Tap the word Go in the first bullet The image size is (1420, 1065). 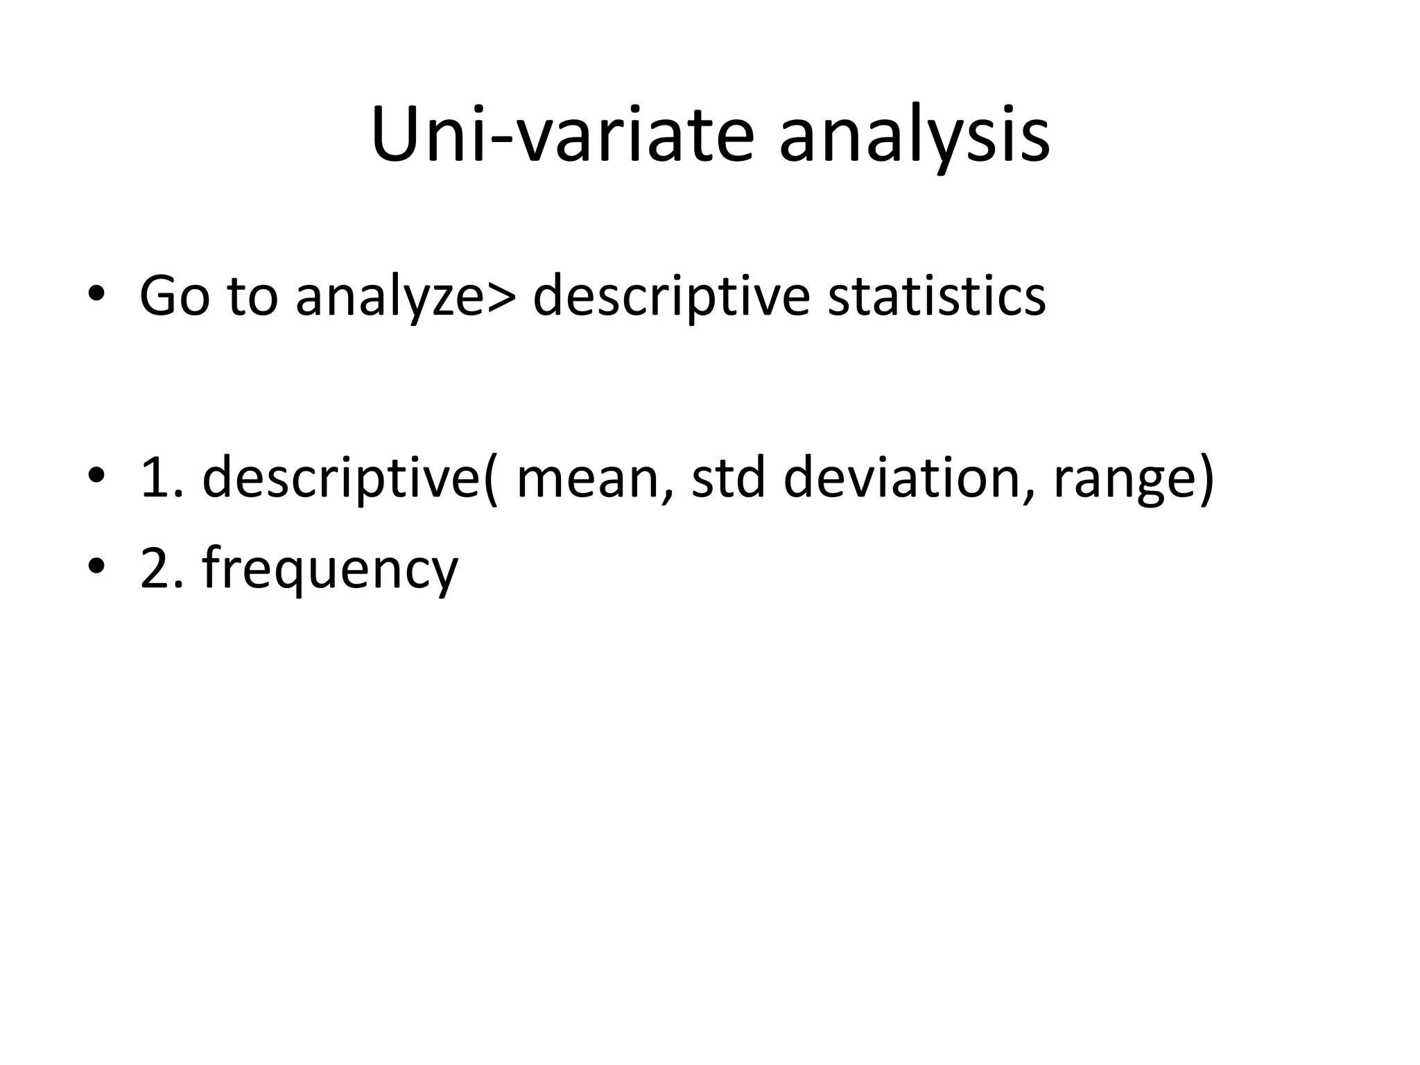pyautogui.click(x=174, y=297)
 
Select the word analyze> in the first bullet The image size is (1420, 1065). pyautogui.click(x=406, y=297)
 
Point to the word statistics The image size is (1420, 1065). pyautogui.click(x=936, y=297)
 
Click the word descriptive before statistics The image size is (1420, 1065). pyautogui.click(x=670, y=297)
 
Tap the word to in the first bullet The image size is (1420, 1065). pyautogui.click(x=252, y=297)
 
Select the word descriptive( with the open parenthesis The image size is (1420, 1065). pyautogui.click(x=350, y=478)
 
